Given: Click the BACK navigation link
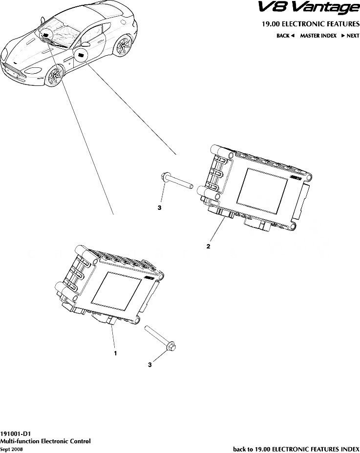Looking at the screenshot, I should (286, 36).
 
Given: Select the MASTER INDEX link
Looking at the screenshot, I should (318, 36).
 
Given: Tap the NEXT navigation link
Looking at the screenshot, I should (350, 36).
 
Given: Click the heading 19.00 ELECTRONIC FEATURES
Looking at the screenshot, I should (307, 24).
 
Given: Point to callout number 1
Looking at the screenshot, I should (115, 352).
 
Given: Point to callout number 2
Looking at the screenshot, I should (208, 247).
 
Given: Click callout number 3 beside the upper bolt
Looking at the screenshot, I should (159, 207).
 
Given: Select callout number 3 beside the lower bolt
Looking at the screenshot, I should (150, 364).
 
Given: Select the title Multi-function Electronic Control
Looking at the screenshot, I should (45, 441).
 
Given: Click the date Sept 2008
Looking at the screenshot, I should (11, 449).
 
